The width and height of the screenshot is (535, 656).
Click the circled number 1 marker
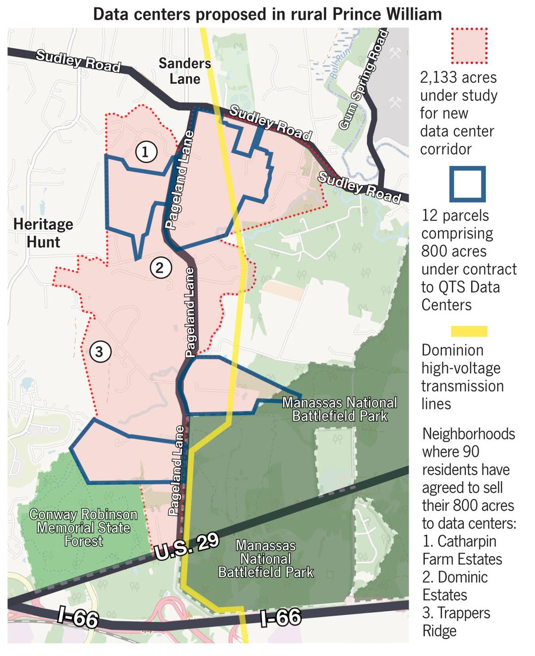pos(145,152)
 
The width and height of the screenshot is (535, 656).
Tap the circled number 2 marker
pos(160,268)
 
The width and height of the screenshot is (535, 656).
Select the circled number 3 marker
pos(99,352)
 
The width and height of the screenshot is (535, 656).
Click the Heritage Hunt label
pos(43,233)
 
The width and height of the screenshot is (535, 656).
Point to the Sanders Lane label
pos(185,71)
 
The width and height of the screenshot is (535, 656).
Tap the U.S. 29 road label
pos(187,547)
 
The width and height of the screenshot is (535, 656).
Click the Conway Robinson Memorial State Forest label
pos(83,528)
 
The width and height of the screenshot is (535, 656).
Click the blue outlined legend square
pos(468,184)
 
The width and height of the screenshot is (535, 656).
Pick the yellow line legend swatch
pos(469,331)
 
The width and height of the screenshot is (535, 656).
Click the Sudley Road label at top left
pos(78,61)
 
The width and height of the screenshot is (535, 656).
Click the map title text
pos(267,14)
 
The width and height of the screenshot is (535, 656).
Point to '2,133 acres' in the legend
pos(458,78)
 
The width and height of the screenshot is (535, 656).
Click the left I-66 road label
pos(78,619)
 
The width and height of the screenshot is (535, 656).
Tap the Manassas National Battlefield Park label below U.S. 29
pos(266,558)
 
